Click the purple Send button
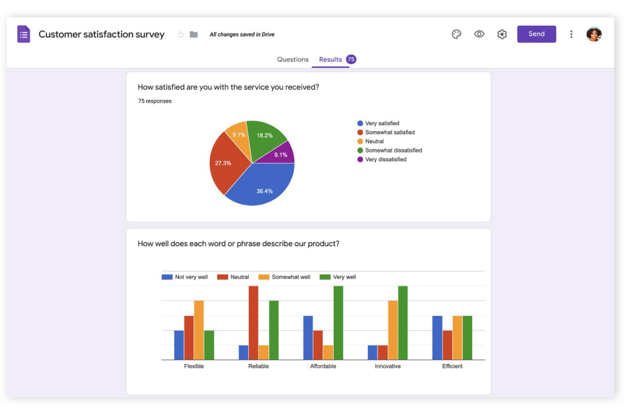point(536,34)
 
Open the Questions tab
point(292,59)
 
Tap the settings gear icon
point(502,35)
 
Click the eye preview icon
point(479,34)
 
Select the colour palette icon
point(457,35)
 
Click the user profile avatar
point(594,35)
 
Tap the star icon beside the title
point(181,35)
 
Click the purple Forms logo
point(23,35)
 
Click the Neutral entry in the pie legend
point(374,141)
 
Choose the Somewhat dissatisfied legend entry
point(393,151)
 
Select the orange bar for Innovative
point(393,330)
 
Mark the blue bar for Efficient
point(437,337)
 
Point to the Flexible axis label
point(194,366)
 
